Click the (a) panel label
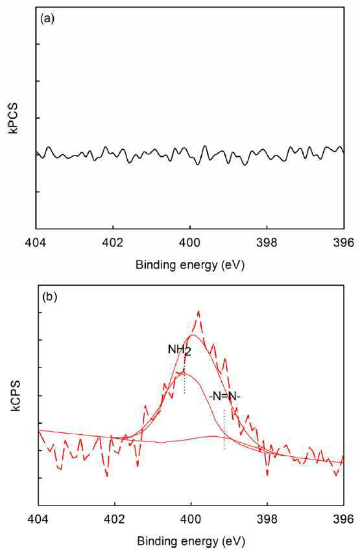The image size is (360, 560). tap(48, 19)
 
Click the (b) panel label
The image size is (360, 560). tap(50, 297)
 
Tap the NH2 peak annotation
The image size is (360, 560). tap(180, 350)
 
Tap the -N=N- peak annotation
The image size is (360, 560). tap(223, 396)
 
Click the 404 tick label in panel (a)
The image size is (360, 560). tap(36, 243)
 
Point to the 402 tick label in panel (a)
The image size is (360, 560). tap(113, 243)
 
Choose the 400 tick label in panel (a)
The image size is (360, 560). tap(190, 243)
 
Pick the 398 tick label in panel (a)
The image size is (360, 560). tap(267, 243)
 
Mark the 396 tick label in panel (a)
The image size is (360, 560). tap(344, 243)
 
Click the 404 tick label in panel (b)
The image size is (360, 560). tap(38, 520)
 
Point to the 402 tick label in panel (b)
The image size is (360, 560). tap(115, 520)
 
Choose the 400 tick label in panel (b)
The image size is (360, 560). tap(191, 520)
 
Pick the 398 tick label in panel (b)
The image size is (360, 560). tap(267, 520)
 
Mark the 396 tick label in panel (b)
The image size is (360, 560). tap(344, 520)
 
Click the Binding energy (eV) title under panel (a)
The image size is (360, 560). tap(190, 265)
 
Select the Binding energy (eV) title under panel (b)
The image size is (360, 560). tap(191, 541)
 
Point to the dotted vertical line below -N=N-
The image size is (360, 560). tap(224, 430)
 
